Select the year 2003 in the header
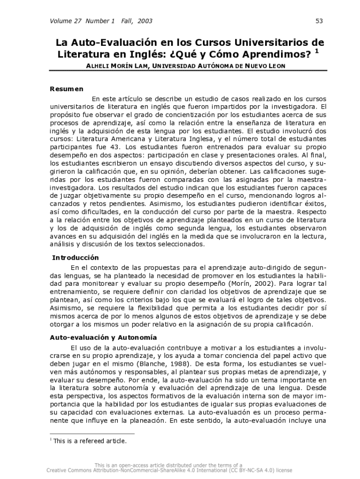point(145,21)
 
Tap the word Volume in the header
point(59,21)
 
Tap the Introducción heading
point(75,257)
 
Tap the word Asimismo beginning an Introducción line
point(65,309)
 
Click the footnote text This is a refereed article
point(90,440)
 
